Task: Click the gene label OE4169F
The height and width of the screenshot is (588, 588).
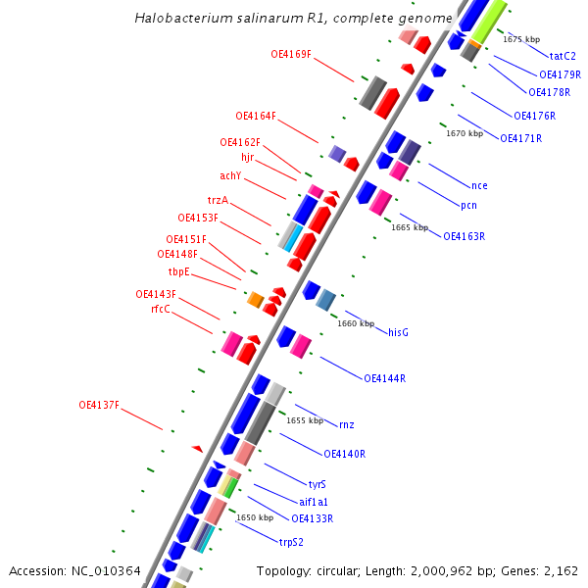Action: (x=291, y=54)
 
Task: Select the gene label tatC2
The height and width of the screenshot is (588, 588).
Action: (x=563, y=56)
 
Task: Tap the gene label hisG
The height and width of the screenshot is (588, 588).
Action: (x=398, y=332)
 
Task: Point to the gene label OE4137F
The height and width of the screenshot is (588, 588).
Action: (x=99, y=405)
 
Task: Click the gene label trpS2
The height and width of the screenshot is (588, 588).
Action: (x=291, y=542)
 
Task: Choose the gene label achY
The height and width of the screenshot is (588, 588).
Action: (x=230, y=176)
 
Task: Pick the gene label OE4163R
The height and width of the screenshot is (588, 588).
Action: (x=465, y=236)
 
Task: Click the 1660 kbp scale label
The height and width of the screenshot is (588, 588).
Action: (x=356, y=323)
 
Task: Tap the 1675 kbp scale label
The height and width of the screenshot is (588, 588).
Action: (x=521, y=39)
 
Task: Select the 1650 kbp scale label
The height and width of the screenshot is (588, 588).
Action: (x=255, y=517)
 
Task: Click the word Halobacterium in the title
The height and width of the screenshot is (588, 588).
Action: (x=180, y=18)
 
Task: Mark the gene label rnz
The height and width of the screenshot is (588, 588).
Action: (x=347, y=424)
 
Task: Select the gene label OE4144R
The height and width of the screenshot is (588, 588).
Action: (x=385, y=378)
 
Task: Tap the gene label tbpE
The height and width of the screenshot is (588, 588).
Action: (x=179, y=271)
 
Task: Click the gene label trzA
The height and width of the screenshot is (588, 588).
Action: (x=218, y=200)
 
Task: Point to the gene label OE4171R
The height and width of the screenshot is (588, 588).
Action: (x=520, y=138)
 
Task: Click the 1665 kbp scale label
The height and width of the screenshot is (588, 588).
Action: (x=410, y=227)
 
